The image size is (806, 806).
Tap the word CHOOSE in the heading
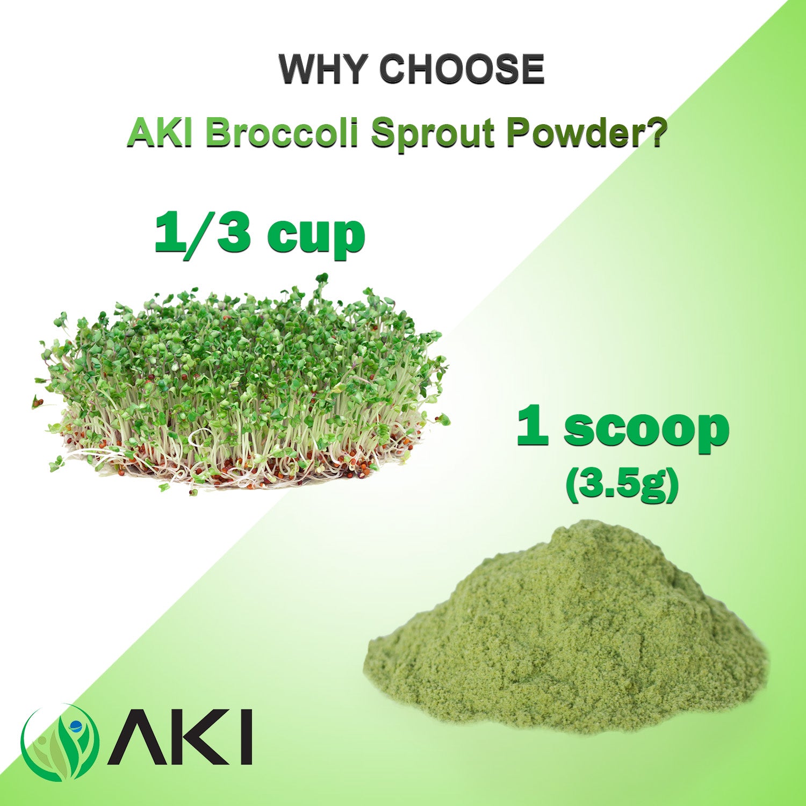pyautogui.click(x=462, y=69)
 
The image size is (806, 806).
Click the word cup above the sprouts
pyautogui.click(x=316, y=239)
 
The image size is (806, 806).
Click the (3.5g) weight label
pyautogui.click(x=622, y=485)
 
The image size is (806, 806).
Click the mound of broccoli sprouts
pyautogui.click(x=242, y=387)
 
